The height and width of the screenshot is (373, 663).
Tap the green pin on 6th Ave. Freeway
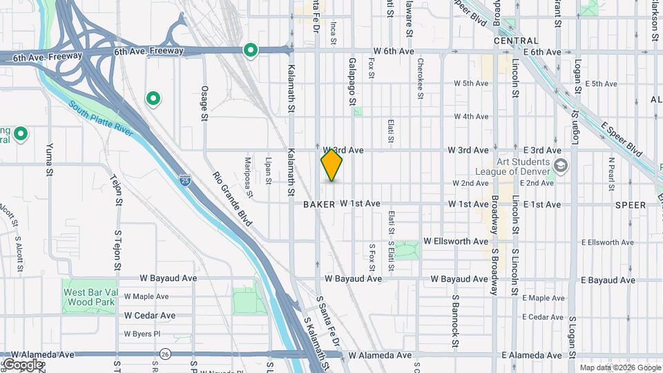coord(250,50)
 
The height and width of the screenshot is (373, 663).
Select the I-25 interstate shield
coord(184,180)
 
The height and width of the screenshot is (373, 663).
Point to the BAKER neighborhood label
coord(319,204)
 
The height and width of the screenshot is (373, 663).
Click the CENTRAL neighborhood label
coord(516,41)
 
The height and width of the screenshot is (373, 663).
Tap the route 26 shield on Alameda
coord(164,354)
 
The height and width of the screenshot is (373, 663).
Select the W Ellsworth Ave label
coord(456,242)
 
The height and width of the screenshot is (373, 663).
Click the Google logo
coord(23,364)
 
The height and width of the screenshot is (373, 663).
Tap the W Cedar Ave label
coord(149,316)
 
